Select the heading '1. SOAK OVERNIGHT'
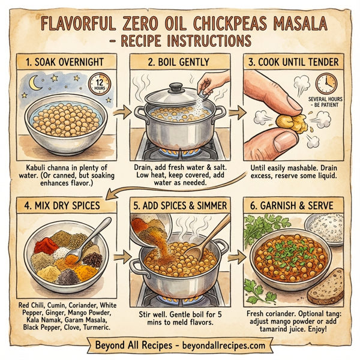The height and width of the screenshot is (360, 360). point(61,62)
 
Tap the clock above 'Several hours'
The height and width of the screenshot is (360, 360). point(326,83)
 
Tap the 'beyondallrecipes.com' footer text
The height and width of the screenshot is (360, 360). point(215,346)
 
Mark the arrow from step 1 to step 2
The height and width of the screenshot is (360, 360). point(122,113)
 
